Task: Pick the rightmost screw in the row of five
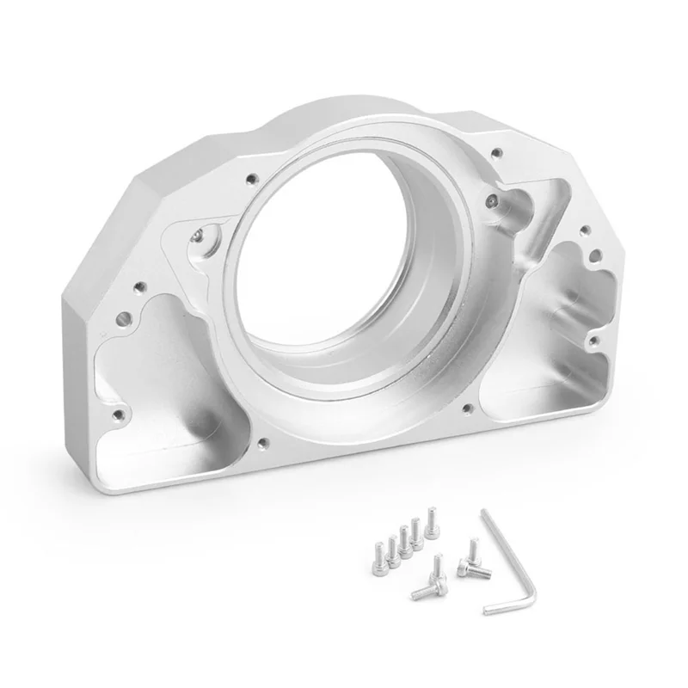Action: [x=429, y=524]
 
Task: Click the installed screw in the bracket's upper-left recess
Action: [x=200, y=233]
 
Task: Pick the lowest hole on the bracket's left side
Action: [x=115, y=421]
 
